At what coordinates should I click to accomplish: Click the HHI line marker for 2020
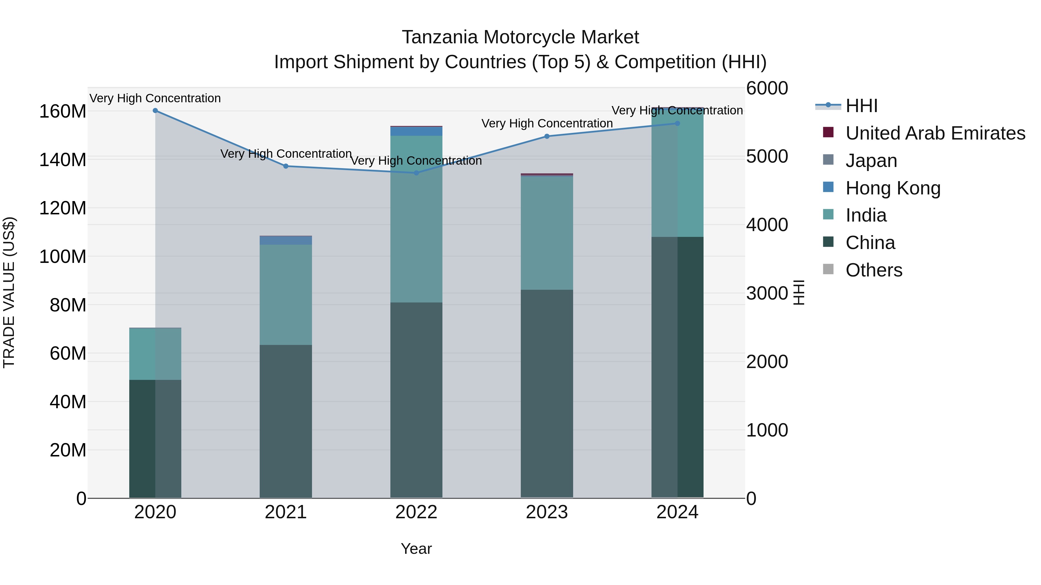[x=155, y=110]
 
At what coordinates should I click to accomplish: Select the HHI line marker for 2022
[x=416, y=173]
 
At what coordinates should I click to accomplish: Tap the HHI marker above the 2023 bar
[x=547, y=136]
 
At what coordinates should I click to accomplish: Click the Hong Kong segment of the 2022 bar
[x=416, y=131]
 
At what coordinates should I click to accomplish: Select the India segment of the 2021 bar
[x=286, y=294]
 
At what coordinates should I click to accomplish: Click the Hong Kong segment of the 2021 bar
[x=286, y=241]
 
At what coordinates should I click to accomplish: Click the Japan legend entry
[x=871, y=161]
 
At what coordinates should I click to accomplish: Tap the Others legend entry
[x=873, y=270]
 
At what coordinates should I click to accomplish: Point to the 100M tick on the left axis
[x=63, y=257]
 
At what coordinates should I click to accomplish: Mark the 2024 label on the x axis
[x=677, y=512]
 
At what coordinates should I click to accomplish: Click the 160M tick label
[x=63, y=112]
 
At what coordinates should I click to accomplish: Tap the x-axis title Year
[x=416, y=549]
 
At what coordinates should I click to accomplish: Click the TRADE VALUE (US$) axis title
[x=9, y=292]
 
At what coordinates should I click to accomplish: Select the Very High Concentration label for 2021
[x=286, y=154]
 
